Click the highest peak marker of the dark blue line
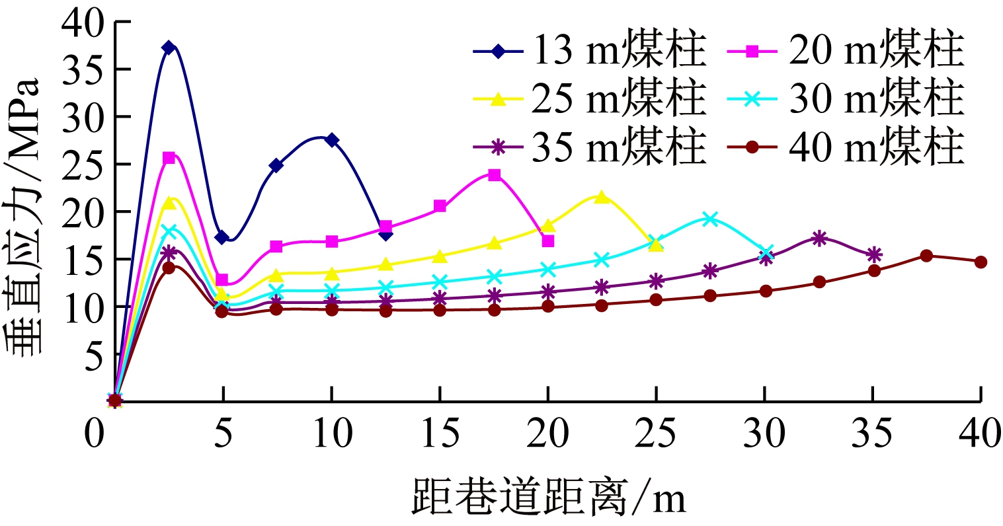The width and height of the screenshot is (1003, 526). click(x=169, y=48)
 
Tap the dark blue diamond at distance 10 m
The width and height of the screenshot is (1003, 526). click(x=331, y=140)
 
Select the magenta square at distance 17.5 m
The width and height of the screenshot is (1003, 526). click(x=494, y=175)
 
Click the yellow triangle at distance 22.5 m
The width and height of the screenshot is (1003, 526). click(x=602, y=197)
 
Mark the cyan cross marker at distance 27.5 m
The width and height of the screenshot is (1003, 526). click(x=709, y=219)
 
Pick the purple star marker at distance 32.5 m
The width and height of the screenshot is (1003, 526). click(x=819, y=239)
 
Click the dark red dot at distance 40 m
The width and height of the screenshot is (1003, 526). click(x=981, y=262)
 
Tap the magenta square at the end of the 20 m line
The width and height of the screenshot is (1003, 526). click(x=547, y=241)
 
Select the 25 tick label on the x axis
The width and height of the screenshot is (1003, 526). click(x=656, y=435)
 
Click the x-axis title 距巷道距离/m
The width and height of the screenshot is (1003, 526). click(x=549, y=497)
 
